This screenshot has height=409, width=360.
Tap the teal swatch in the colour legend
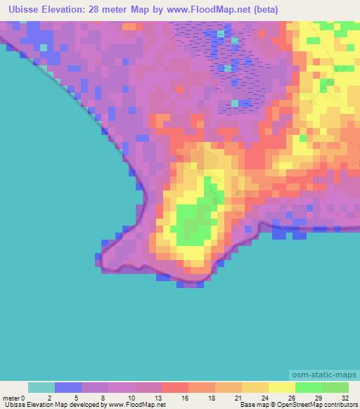pos(41,387)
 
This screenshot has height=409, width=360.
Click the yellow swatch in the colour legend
pos(282,387)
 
